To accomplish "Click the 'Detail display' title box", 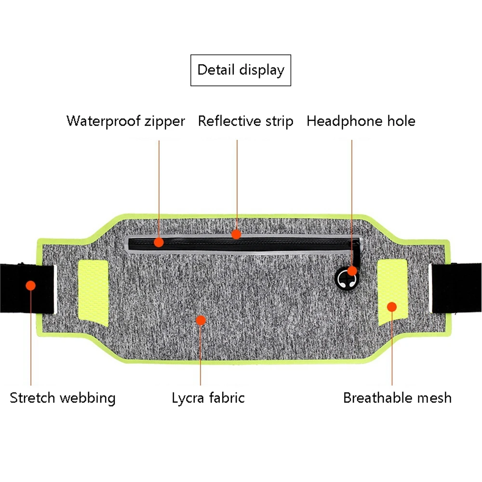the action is tap(241, 70).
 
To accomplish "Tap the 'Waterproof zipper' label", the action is tap(125, 121).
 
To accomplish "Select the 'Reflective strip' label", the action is tap(245, 121).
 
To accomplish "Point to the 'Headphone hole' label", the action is tap(361, 121).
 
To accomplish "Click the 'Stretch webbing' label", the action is tap(63, 398).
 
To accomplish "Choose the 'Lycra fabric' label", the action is tap(208, 398).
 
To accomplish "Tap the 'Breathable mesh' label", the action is tap(397, 398).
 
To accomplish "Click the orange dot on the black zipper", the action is tap(159, 242).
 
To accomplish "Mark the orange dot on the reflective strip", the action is tap(236, 234).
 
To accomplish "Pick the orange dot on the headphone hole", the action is tap(352, 270).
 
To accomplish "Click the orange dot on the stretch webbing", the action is tap(31, 285).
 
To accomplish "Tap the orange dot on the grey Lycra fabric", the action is tap(201, 320).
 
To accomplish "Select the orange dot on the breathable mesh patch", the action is tap(392, 307).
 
